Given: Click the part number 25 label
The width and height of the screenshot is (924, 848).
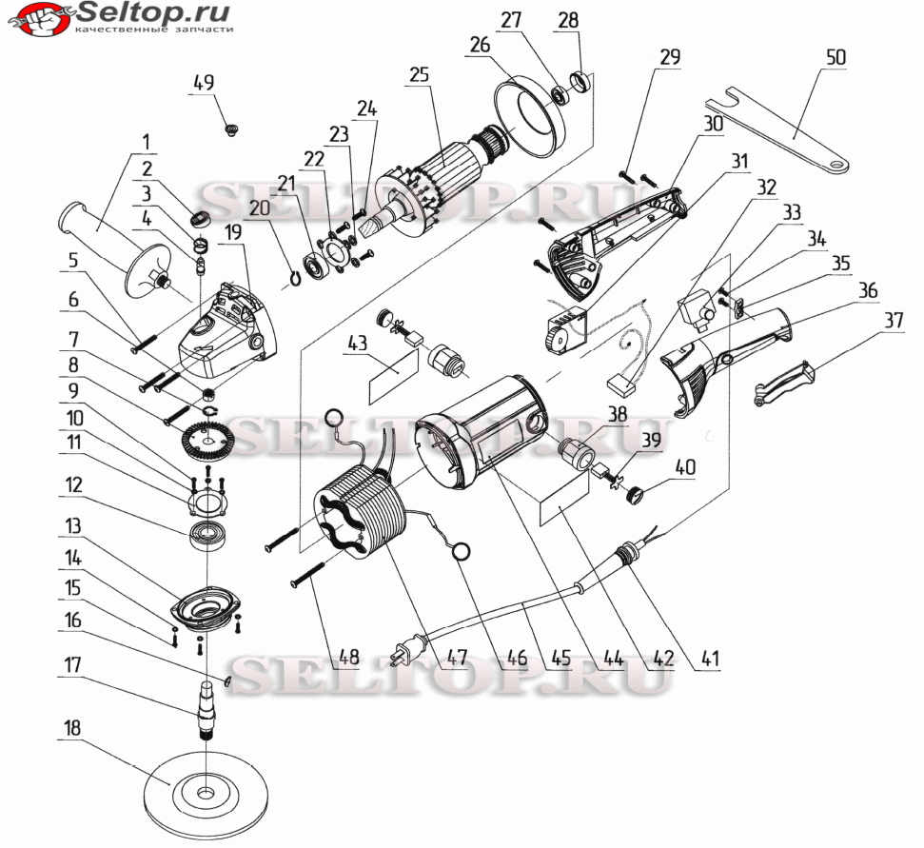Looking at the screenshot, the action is click(x=420, y=75).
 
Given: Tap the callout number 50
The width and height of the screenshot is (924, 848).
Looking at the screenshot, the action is click(x=836, y=57).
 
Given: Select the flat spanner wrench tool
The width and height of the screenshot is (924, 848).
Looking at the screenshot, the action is click(x=777, y=129).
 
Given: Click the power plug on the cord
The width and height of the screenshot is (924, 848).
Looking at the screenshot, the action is click(x=409, y=648).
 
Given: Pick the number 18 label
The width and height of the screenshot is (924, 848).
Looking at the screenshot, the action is click(x=72, y=728).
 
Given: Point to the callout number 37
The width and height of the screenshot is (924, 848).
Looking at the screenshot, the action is click(x=894, y=320).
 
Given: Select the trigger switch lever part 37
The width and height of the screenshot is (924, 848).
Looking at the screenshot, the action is click(x=785, y=385).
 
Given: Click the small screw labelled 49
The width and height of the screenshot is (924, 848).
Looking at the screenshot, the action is click(x=231, y=129).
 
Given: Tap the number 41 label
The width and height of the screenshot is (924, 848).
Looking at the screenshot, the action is click(x=711, y=657).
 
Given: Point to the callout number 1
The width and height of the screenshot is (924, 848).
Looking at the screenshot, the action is click(x=146, y=142).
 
